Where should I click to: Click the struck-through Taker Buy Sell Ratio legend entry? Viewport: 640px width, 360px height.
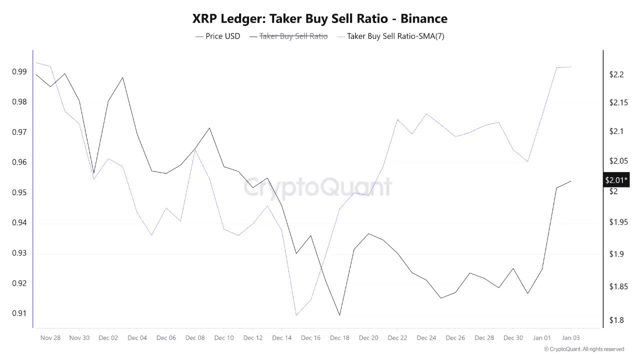[x=293, y=36]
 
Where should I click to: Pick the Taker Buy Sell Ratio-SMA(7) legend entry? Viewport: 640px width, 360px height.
[x=395, y=36]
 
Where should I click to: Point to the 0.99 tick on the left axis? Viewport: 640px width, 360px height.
[x=19, y=72]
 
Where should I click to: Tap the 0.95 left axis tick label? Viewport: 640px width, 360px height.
[x=19, y=193]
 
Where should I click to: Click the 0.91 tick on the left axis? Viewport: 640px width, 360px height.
[x=19, y=313]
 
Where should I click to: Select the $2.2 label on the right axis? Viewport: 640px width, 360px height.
[x=616, y=75]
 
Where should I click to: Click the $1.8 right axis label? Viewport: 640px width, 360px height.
[x=616, y=320]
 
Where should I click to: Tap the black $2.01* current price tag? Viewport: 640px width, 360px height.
[x=616, y=180]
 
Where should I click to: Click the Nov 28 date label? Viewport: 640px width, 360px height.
[x=50, y=338]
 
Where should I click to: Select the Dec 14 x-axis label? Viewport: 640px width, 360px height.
[x=281, y=338]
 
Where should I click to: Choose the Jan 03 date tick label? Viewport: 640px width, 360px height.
[x=570, y=338]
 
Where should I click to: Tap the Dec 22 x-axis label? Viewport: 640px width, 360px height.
[x=397, y=338]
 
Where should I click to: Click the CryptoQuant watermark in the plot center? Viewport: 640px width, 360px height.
[x=318, y=187]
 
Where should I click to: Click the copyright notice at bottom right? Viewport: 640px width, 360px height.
[x=583, y=349]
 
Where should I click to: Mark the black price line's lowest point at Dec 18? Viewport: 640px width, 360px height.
[x=339, y=315]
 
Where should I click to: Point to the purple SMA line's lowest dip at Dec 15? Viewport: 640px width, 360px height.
[x=296, y=315]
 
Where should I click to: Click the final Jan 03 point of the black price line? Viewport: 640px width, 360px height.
[x=571, y=181]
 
